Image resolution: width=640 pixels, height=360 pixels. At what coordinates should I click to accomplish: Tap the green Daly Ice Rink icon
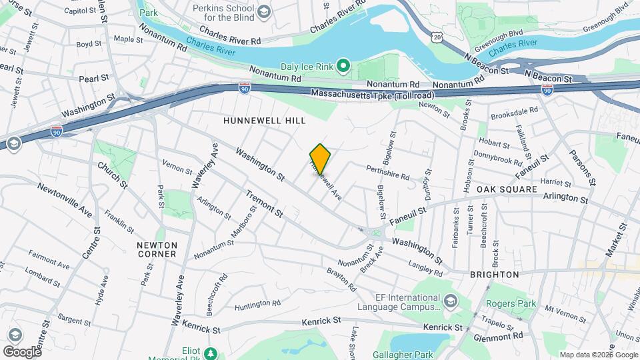(x=343, y=65)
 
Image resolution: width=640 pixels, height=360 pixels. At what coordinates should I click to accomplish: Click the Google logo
(x=21, y=351)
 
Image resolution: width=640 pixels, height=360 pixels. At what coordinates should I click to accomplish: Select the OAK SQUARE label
(x=507, y=189)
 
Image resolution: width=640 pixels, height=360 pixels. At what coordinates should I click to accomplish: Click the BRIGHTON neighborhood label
(x=494, y=274)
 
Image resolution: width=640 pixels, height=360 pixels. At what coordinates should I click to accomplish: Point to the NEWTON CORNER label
(x=157, y=249)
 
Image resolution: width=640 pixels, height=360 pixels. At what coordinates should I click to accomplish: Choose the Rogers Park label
(x=520, y=303)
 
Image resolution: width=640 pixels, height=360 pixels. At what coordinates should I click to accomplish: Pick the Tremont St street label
(x=265, y=203)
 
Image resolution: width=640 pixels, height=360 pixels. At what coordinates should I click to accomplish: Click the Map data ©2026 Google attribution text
(x=598, y=355)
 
